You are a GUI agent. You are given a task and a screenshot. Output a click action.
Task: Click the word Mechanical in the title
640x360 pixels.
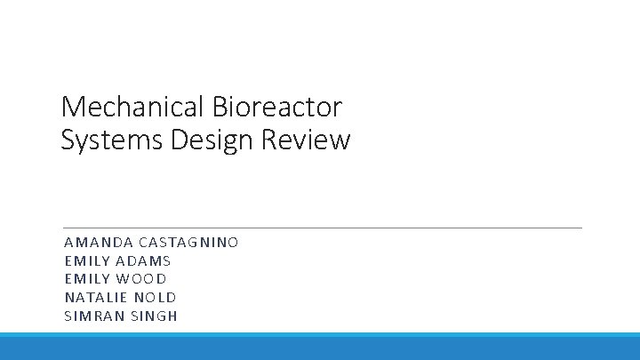point(133,108)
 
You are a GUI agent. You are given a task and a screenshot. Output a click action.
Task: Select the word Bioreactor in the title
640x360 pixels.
point(277,108)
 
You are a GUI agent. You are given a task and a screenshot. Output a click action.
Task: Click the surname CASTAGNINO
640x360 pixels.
point(188,242)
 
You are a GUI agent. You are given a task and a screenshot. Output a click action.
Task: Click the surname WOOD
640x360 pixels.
point(142,279)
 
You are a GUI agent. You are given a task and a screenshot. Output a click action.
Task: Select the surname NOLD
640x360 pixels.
point(156,298)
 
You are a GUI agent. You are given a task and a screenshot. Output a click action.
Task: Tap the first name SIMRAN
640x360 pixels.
point(92,316)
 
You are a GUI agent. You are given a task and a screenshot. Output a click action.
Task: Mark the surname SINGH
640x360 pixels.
point(153,316)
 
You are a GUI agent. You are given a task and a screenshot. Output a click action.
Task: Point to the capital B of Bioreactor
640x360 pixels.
point(220,108)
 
